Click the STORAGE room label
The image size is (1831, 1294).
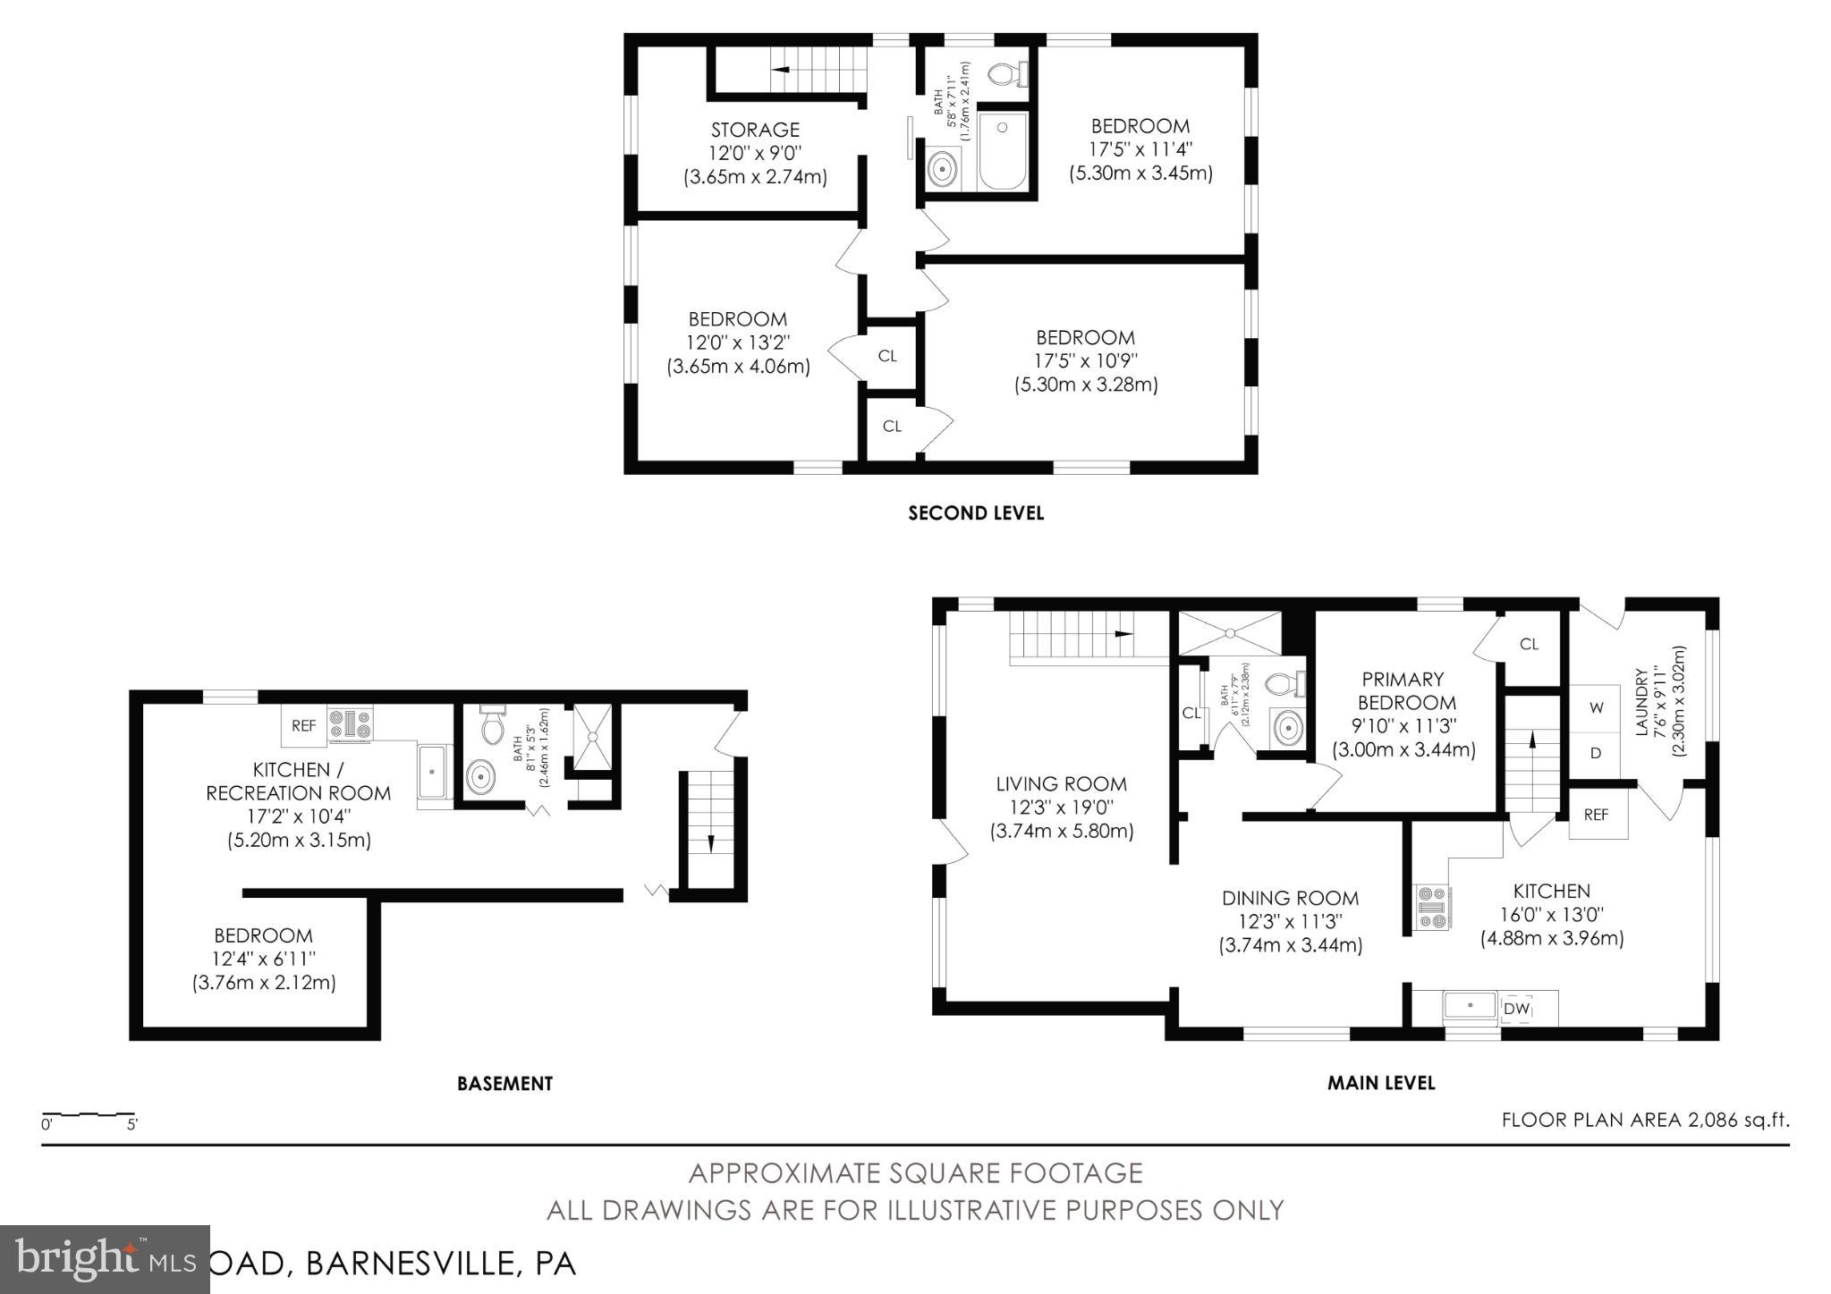pyautogui.click(x=755, y=131)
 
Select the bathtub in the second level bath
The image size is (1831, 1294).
pyautogui.click(x=1003, y=151)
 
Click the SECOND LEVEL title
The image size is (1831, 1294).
pyautogui.click(x=976, y=513)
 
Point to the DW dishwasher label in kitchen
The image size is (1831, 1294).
pyautogui.click(x=1515, y=1009)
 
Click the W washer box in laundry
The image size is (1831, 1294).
pyautogui.click(x=1596, y=707)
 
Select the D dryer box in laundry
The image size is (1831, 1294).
pyautogui.click(x=1595, y=754)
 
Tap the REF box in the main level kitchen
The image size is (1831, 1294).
pyautogui.click(x=1596, y=815)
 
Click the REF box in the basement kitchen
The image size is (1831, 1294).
pyautogui.click(x=304, y=726)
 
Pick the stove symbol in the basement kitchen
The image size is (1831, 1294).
pyautogui.click(x=350, y=725)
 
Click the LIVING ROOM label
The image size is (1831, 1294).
pyautogui.click(x=1061, y=784)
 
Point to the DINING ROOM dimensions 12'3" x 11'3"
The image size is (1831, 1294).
pyautogui.click(x=1290, y=921)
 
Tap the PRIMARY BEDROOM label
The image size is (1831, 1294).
pyautogui.click(x=1403, y=690)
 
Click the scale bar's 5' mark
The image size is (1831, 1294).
pyautogui.click(x=131, y=1125)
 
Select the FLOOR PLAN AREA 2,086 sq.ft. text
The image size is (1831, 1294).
pyautogui.click(x=1645, y=1120)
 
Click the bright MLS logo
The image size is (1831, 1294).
pyautogui.click(x=105, y=1260)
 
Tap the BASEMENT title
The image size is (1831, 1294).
pyautogui.click(x=504, y=1084)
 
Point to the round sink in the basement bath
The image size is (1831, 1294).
pyautogui.click(x=481, y=776)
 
